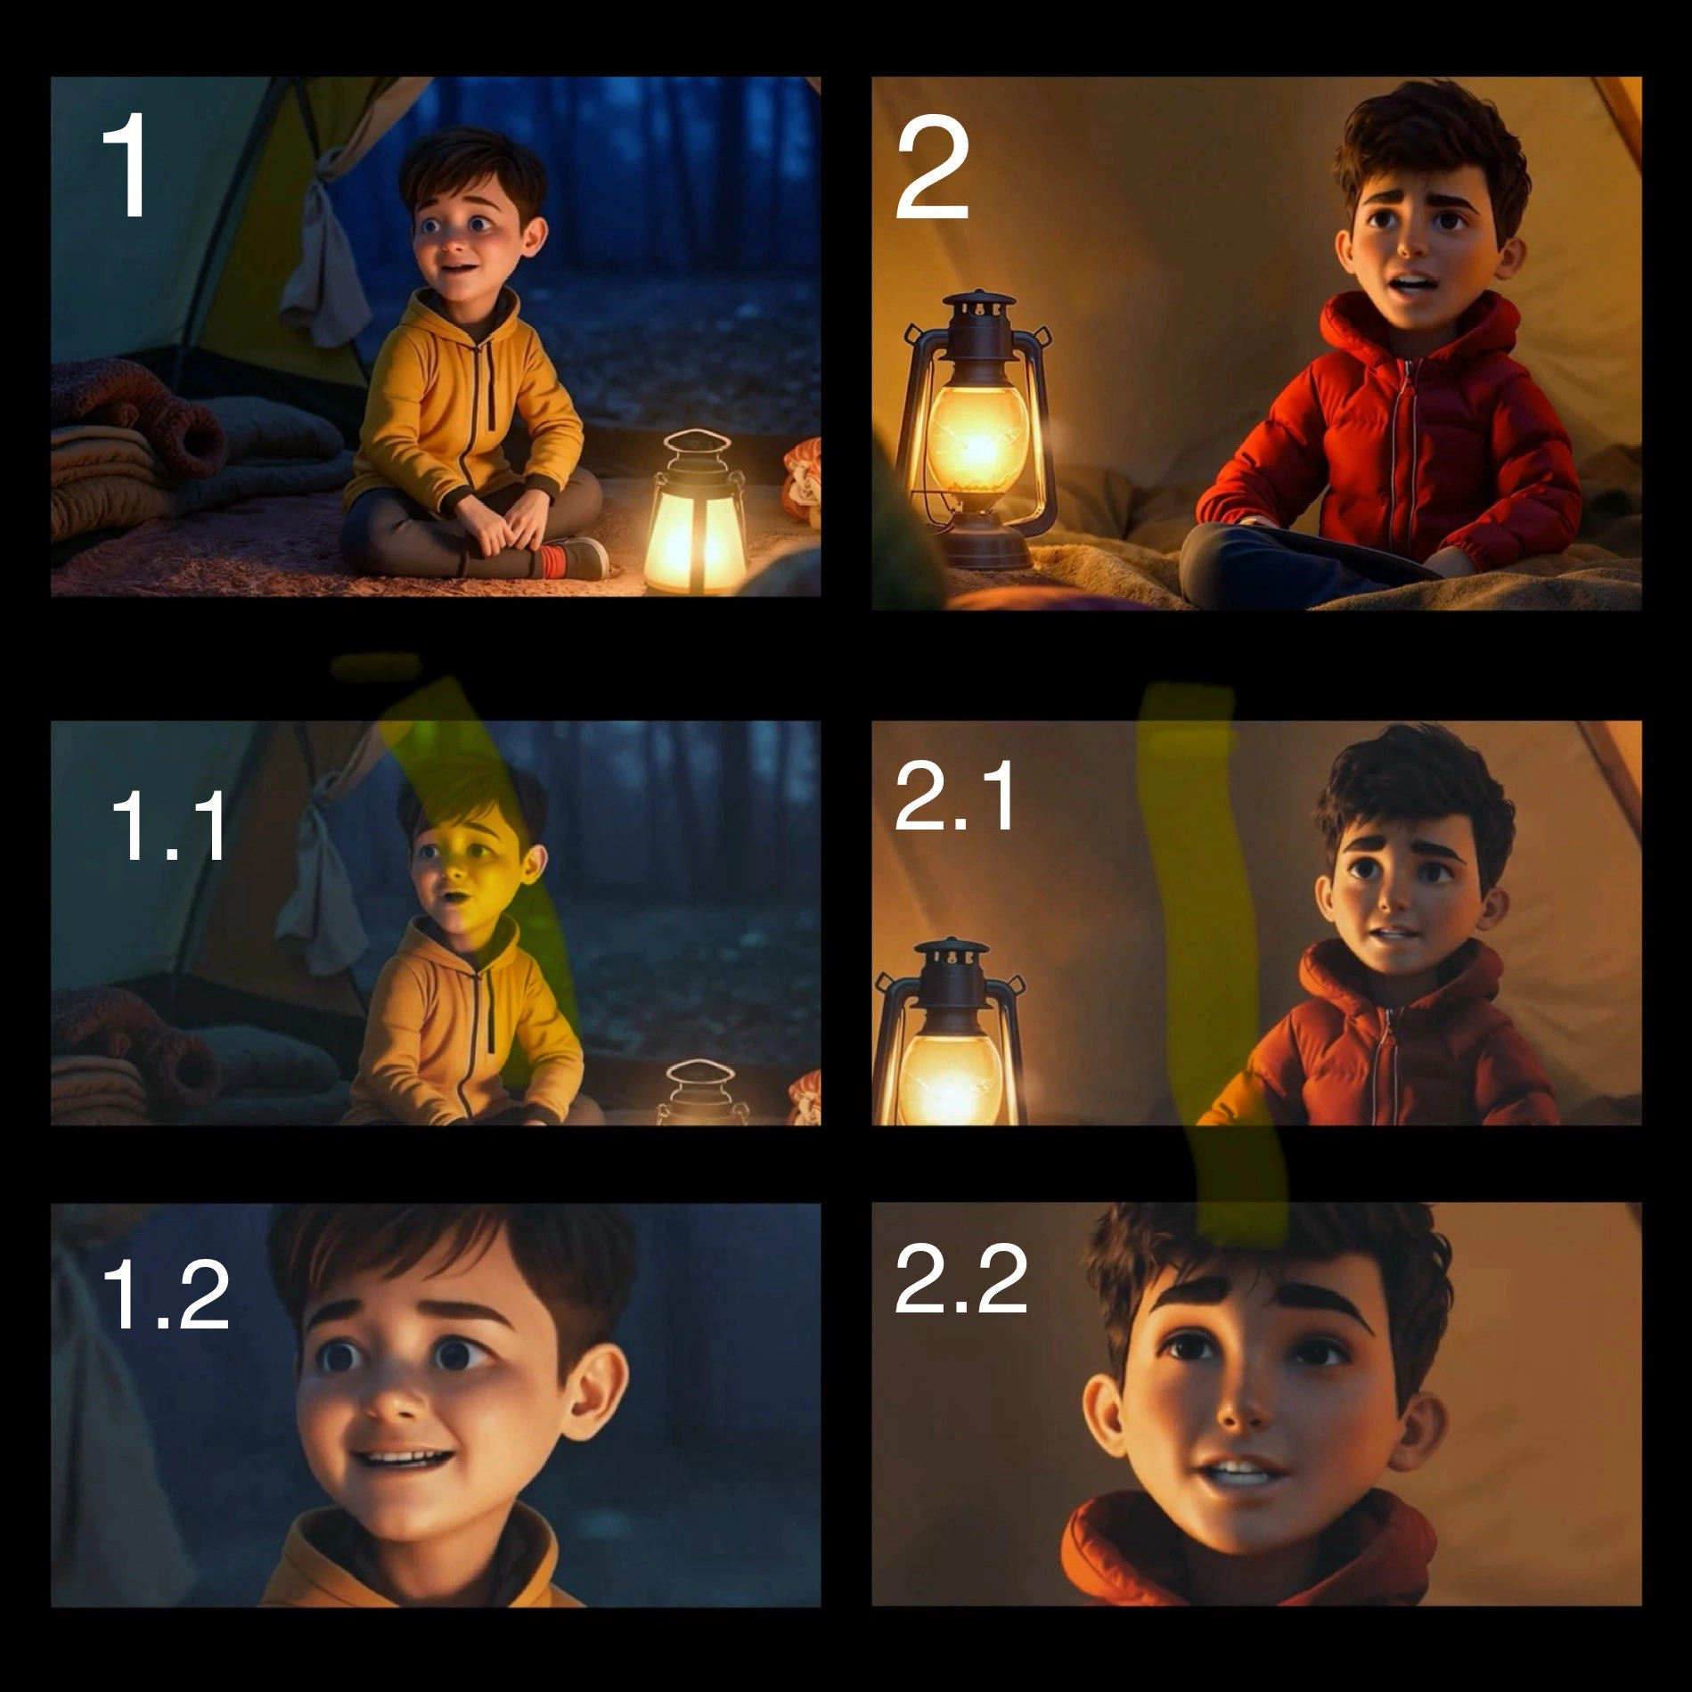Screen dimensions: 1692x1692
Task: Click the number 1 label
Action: click(126, 165)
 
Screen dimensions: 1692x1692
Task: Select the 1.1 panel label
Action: click(169, 828)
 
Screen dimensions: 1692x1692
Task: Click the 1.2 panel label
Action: click(166, 1296)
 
